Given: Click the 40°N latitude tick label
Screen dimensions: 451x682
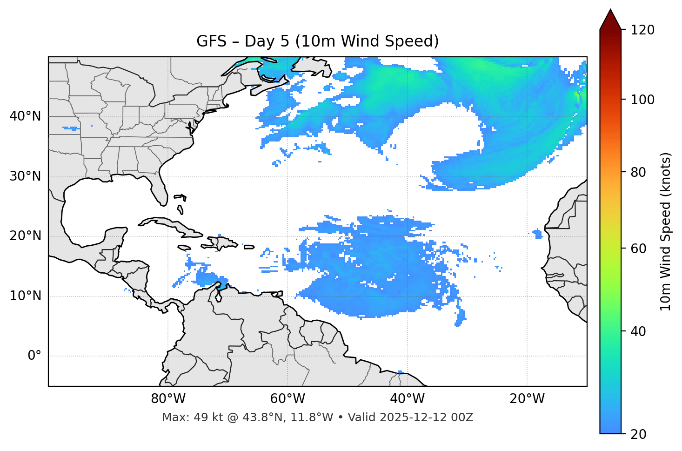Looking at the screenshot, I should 25,116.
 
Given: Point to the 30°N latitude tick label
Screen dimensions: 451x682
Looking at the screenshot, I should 25,176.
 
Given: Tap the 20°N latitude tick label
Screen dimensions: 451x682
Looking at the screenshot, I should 25,236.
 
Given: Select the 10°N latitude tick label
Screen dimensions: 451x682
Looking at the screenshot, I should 25,296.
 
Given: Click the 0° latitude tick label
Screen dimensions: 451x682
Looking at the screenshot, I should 34,356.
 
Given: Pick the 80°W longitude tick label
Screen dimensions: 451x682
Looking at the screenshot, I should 168,399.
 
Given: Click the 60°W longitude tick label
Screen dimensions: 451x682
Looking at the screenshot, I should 288,399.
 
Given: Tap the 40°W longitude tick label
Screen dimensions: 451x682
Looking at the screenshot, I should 407,399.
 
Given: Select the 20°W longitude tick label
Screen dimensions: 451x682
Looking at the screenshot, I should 527,399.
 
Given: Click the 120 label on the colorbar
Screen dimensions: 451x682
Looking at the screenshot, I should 642,30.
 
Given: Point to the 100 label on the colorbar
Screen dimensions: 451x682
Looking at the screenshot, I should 642,100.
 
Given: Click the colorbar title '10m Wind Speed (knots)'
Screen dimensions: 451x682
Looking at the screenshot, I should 666,232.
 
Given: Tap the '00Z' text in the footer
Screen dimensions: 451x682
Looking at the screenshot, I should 462,417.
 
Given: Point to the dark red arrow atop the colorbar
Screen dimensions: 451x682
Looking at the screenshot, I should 610,20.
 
